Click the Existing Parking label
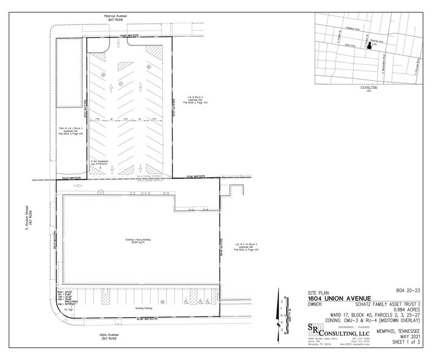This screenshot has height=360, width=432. pos(138,301)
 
